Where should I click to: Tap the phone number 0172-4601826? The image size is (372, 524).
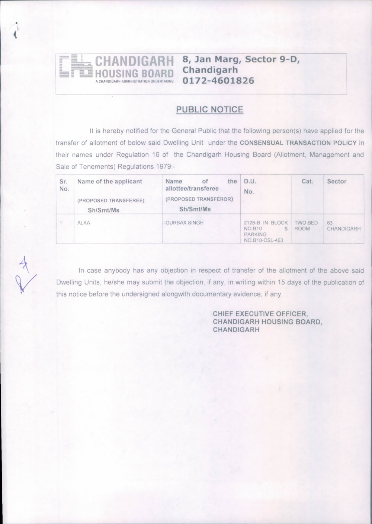pyautogui.click(x=218, y=81)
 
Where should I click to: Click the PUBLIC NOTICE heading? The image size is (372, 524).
pyautogui.click(x=209, y=109)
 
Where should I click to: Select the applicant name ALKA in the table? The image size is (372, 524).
pyautogui.click(x=84, y=223)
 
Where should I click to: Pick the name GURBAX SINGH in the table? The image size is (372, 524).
pyautogui.click(x=185, y=223)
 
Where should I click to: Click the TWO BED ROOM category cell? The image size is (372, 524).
pyautogui.click(x=306, y=226)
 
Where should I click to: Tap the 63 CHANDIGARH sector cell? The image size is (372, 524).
pyautogui.click(x=343, y=226)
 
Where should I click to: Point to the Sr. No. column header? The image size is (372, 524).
pyautogui.click(x=64, y=185)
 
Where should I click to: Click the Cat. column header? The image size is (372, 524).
pyautogui.click(x=307, y=181)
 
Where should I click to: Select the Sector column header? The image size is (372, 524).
pyautogui.click(x=337, y=181)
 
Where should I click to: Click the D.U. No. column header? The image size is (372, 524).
pyautogui.click(x=250, y=186)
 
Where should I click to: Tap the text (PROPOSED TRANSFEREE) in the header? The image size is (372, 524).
pyautogui.click(x=111, y=201)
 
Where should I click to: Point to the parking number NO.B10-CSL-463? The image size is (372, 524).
pyautogui.click(x=263, y=240)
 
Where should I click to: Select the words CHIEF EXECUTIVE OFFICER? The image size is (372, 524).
pyautogui.click(x=260, y=314)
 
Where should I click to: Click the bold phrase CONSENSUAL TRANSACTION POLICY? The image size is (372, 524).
pyautogui.click(x=298, y=143)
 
